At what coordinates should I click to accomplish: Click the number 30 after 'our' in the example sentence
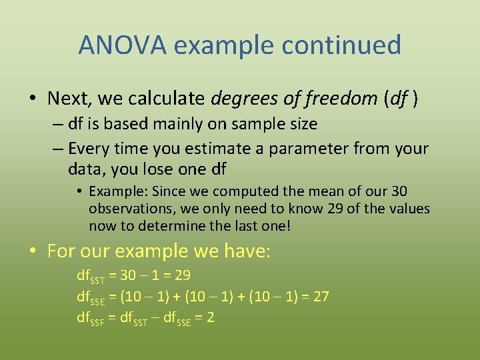tap(399, 191)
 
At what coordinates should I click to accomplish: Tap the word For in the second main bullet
tap(61, 251)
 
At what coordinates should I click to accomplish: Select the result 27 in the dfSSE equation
tap(321, 296)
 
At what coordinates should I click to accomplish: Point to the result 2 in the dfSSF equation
tap(211, 317)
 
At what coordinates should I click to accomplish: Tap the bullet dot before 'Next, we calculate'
tap(32, 99)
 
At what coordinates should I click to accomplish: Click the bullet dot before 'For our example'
tap(32, 252)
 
